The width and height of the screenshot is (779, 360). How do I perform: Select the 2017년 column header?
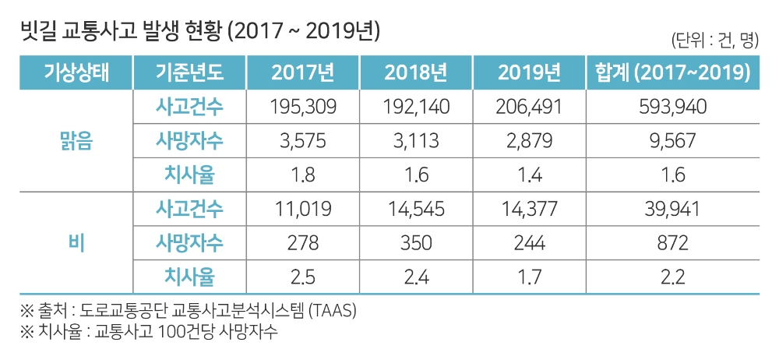click(303, 73)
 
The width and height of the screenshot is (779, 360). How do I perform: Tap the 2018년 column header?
click(416, 73)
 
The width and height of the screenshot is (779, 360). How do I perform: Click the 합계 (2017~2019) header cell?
click(671, 73)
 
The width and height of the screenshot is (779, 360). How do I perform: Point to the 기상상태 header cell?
click(76, 73)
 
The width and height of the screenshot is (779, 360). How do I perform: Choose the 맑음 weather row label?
click(76, 141)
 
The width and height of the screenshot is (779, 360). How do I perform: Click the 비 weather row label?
click(76, 242)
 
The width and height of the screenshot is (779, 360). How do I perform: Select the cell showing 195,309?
click(303, 107)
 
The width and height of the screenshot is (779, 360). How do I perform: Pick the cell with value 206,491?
click(528, 107)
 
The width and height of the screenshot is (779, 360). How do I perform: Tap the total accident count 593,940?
click(671, 107)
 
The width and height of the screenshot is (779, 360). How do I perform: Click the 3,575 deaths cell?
click(303, 141)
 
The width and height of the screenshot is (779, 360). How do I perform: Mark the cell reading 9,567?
click(671, 141)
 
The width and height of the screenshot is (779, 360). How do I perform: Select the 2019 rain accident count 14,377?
click(528, 209)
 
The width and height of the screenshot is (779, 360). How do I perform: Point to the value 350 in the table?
click(416, 242)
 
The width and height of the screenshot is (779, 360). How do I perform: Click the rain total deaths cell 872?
click(671, 242)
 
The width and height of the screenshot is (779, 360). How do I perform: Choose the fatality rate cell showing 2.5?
click(303, 276)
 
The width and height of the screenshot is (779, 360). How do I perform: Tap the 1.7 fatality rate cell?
click(528, 276)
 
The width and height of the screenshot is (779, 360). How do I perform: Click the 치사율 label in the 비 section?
click(189, 276)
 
